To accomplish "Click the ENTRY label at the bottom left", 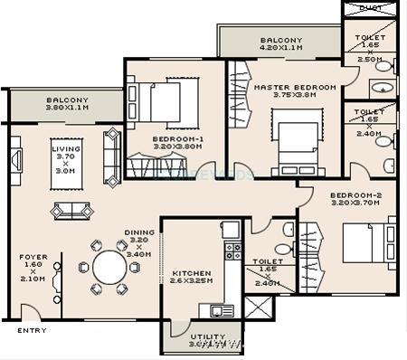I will point(32,330).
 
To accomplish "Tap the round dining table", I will point(109,267).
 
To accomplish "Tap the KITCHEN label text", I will point(191,272).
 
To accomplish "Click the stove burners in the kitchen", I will point(232,251).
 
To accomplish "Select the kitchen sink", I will point(222,310).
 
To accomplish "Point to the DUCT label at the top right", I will point(368,8).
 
